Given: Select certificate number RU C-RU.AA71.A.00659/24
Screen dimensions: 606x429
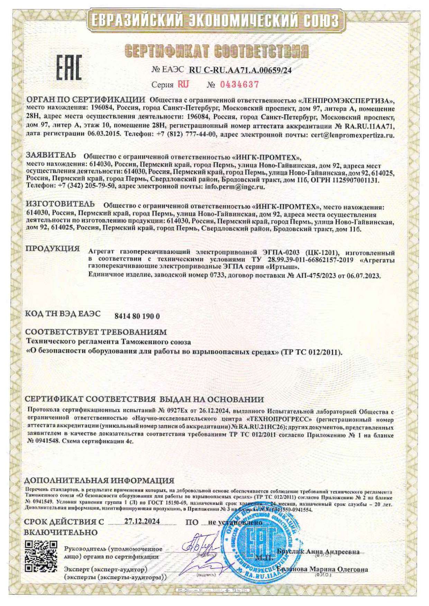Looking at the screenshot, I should click(x=240, y=70).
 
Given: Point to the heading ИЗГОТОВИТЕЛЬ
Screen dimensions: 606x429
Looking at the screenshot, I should click(x=60, y=203).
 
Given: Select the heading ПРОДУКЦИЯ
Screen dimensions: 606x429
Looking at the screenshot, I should click(x=53, y=249).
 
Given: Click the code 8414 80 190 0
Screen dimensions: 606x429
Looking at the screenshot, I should click(x=137, y=316).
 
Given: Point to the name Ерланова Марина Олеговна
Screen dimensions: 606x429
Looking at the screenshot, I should click(x=322, y=569).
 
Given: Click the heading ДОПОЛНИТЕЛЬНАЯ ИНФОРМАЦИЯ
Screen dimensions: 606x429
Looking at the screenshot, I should click(x=99, y=481).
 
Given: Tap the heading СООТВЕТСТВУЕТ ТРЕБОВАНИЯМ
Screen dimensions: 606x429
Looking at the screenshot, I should click(x=96, y=332).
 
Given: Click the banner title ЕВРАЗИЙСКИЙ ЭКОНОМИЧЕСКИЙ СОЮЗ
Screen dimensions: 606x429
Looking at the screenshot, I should click(x=214, y=21).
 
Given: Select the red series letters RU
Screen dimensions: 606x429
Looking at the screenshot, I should click(x=183, y=84).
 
